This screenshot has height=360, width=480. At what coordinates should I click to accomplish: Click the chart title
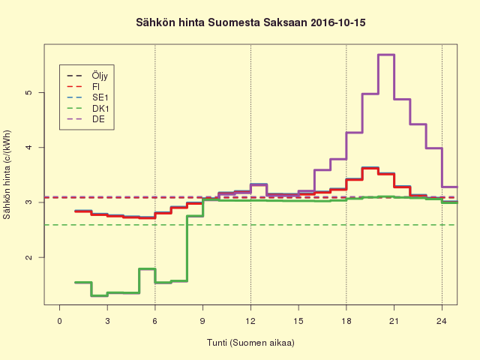[240, 23]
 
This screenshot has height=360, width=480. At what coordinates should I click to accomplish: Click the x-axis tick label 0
[59, 321]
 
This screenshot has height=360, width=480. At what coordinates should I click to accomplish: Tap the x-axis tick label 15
[298, 321]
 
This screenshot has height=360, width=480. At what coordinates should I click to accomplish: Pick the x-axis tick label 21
[394, 321]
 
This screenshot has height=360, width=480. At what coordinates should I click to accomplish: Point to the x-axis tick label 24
[442, 321]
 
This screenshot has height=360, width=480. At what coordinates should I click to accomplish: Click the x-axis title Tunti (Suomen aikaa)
[250, 343]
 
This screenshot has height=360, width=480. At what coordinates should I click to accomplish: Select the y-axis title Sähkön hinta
[8, 175]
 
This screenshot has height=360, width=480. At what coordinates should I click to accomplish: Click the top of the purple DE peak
[386, 55]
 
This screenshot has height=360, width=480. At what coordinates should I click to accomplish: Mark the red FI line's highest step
[370, 169]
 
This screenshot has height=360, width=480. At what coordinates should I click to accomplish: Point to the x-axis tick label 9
[202, 321]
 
